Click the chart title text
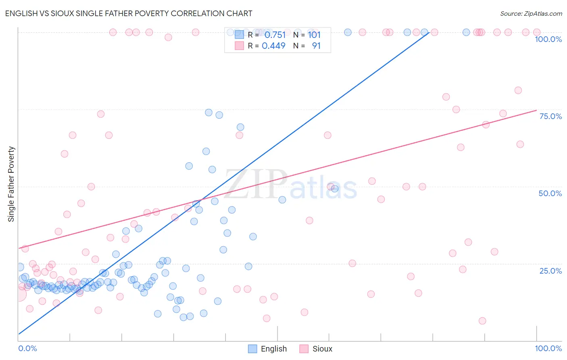coord(129,14)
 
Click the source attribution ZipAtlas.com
coord(531,14)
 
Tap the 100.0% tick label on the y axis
coord(548,39)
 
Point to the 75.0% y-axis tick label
coord(550,116)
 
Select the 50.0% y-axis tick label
coord(550,193)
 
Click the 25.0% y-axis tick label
coord(550,271)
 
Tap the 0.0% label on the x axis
coord(27,348)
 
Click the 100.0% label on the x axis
coord(548,348)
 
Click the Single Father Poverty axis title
coord(11,184)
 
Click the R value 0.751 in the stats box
coord(275,35)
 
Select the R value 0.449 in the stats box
coord(273,46)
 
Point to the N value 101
coord(314,35)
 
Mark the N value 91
coord(316,46)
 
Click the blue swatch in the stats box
coord(240,35)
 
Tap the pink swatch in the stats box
coord(240,46)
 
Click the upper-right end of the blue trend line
coord(428,32)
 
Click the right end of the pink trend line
coord(536,110)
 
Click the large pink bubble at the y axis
coord(19,294)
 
